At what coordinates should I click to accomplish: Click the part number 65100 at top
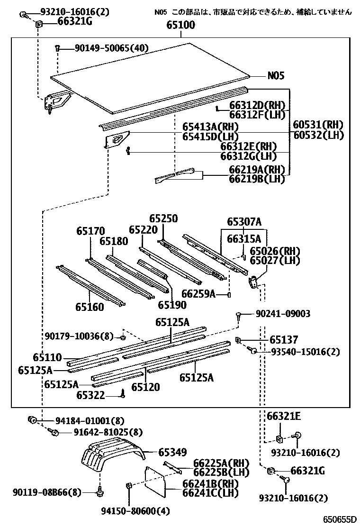point(180,26)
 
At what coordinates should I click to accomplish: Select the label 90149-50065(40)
point(104,48)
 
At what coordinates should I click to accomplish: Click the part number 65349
point(172,452)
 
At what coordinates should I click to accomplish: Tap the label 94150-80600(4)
point(135,511)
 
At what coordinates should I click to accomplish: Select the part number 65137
point(284,340)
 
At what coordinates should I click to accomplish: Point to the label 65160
point(89,307)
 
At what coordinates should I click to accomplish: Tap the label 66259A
point(198,294)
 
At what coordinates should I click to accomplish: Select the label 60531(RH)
point(317,125)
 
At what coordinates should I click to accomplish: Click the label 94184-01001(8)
point(83,420)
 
